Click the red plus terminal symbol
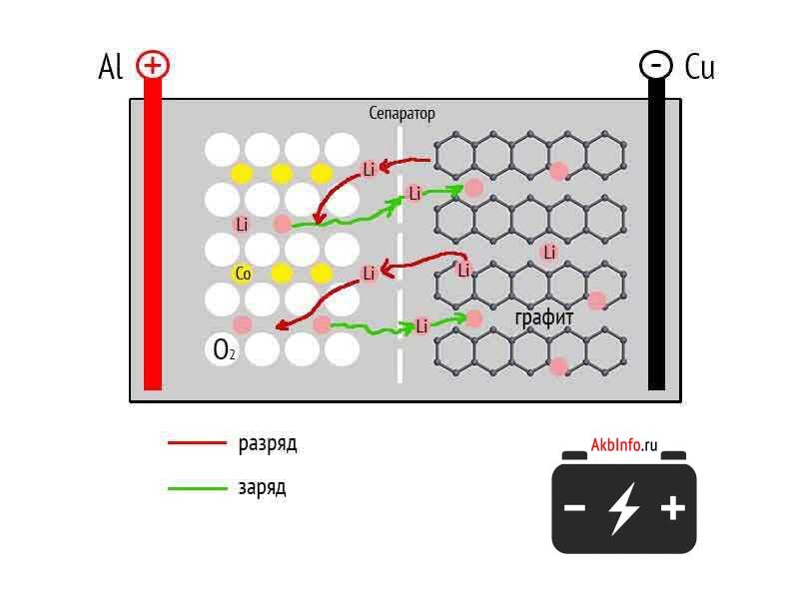(x=153, y=66)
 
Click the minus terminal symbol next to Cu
(x=655, y=66)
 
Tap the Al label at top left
(x=111, y=67)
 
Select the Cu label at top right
(x=699, y=67)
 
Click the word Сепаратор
(x=401, y=114)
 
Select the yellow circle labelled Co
(x=242, y=273)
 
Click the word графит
(x=544, y=318)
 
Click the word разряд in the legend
(x=268, y=443)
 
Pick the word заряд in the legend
(x=262, y=488)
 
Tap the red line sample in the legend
(x=198, y=443)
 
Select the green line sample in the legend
(x=198, y=488)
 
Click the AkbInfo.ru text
(x=624, y=445)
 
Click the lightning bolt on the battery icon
(x=624, y=507)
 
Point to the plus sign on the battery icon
(x=673, y=508)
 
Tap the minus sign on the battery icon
(x=575, y=508)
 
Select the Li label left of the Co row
(x=242, y=224)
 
